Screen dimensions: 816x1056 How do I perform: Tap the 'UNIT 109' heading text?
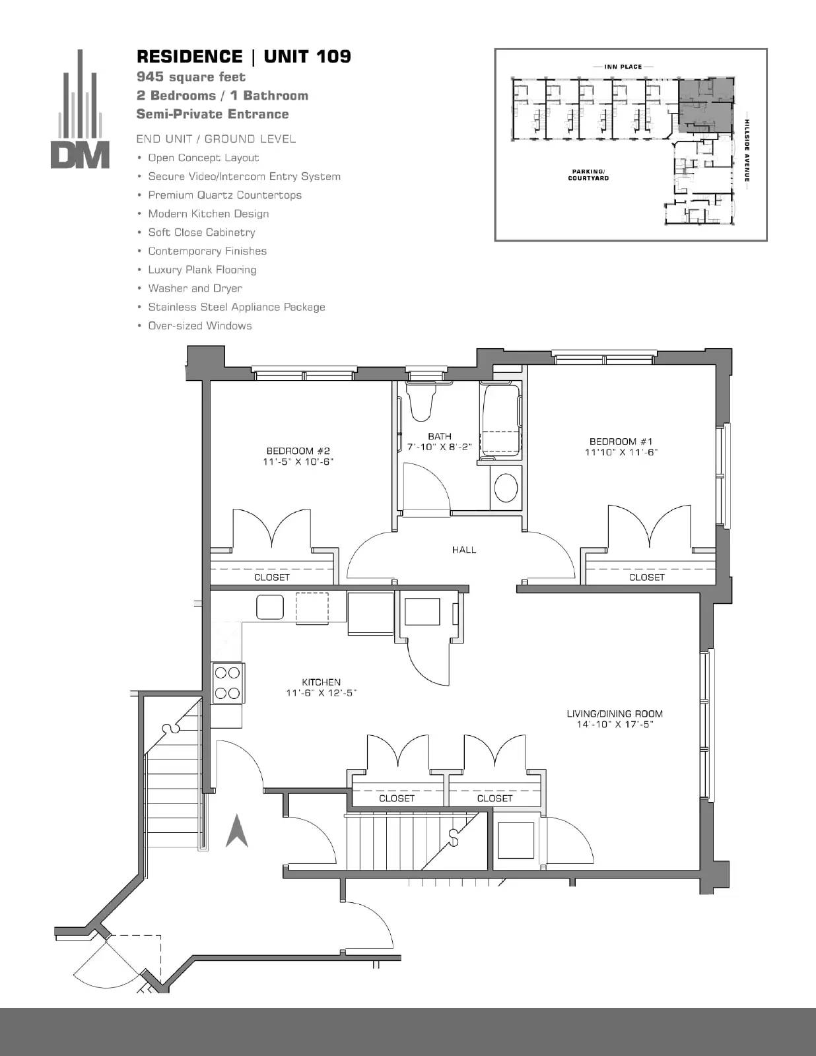click(x=307, y=56)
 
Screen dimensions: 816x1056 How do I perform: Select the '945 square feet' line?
click(x=191, y=77)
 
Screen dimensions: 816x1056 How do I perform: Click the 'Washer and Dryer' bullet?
click(x=195, y=288)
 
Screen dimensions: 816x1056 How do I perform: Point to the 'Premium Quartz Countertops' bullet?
click(x=224, y=195)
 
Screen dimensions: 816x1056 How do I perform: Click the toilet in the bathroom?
click(x=421, y=400)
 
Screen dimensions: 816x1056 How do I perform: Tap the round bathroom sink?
click(x=506, y=488)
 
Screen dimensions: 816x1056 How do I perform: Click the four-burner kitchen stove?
click(x=228, y=683)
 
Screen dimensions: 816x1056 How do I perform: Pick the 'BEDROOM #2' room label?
click(x=298, y=451)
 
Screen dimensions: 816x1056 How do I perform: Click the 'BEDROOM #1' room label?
click(x=621, y=442)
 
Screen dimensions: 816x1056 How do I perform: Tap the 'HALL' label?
click(x=464, y=550)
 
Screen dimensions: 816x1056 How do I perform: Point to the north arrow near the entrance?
click(x=237, y=830)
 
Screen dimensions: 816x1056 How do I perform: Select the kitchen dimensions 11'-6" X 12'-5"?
click(x=321, y=692)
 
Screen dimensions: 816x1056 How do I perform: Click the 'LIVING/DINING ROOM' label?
click(x=614, y=713)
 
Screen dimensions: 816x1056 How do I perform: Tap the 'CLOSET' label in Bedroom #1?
click(x=646, y=577)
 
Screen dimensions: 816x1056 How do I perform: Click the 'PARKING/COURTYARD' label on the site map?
click(x=588, y=175)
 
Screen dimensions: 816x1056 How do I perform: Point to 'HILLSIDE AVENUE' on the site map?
click(x=747, y=150)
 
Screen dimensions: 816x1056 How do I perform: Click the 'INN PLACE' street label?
click(x=623, y=67)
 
